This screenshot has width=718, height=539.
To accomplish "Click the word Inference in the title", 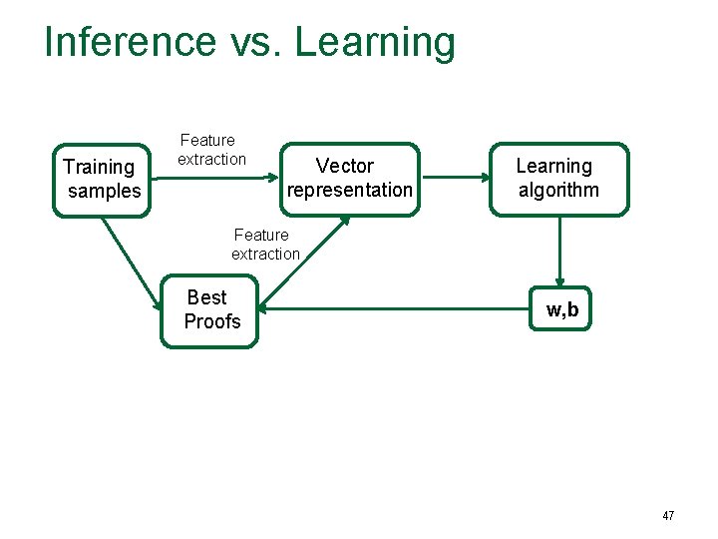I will (x=130, y=42).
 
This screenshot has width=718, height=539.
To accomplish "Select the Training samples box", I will (x=102, y=179).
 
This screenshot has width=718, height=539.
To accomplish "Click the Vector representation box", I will (x=348, y=178).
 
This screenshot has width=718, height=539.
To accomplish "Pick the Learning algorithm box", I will (x=558, y=179).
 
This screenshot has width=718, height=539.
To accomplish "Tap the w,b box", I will (x=561, y=309).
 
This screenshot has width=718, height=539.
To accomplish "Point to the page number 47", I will (x=668, y=516).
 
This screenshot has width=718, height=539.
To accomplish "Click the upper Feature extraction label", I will (x=210, y=150).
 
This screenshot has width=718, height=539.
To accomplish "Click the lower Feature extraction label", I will (x=264, y=245).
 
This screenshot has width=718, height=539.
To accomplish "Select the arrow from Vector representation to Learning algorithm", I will (x=455, y=179).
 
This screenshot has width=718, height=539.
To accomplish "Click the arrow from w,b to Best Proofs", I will (x=399, y=309).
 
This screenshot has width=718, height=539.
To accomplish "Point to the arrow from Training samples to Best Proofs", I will (x=132, y=263).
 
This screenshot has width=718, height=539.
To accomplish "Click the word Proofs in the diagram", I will (x=212, y=321).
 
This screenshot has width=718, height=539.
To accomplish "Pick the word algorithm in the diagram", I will (x=558, y=190).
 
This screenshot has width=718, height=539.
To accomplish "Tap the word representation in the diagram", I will (x=349, y=190).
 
